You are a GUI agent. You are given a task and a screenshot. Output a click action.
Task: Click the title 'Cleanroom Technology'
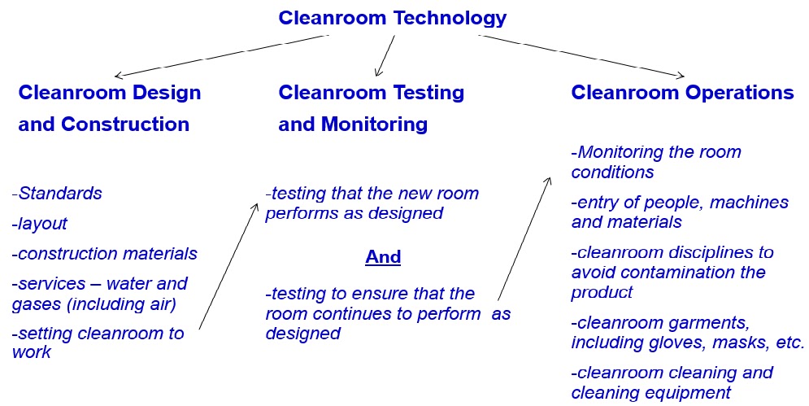pos(392,19)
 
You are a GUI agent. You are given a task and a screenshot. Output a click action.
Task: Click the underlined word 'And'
pos(383,256)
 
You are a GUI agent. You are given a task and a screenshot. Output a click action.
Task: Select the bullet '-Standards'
pos(57,193)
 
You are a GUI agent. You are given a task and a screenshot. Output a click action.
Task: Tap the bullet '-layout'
pos(39,224)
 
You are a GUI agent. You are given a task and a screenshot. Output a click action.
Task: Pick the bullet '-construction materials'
pos(104,254)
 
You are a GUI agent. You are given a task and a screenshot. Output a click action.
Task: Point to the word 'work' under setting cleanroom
pos(32,352)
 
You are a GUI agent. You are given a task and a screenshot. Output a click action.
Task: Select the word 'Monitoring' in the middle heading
pos(375,124)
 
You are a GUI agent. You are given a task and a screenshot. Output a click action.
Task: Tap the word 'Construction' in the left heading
pos(125,124)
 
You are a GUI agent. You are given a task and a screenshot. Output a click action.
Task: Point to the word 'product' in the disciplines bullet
pos(602,293)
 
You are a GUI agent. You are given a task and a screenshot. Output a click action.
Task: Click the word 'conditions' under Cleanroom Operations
pos(612,172)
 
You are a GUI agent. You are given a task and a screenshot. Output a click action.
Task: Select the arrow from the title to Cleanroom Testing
pos(385,56)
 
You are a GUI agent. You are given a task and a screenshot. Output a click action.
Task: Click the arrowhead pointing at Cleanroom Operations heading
pos(681,76)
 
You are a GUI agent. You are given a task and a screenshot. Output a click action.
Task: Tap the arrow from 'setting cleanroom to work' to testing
pos(228,265)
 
